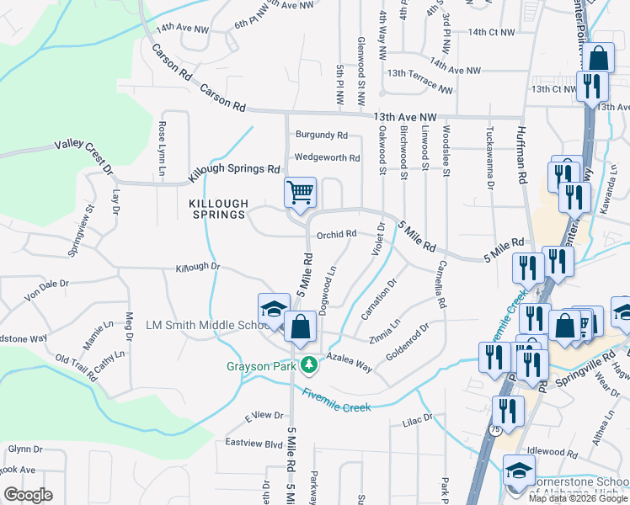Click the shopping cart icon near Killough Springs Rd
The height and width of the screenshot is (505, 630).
[300, 193]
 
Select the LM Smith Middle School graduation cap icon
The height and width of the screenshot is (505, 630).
[274, 309]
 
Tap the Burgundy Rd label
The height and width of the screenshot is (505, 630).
[321, 135]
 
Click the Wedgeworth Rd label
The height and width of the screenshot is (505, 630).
[327, 157]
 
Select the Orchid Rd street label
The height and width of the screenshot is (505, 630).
[337, 234]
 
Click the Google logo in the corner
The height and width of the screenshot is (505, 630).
[28, 494]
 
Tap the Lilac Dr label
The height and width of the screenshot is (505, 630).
[417, 417]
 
